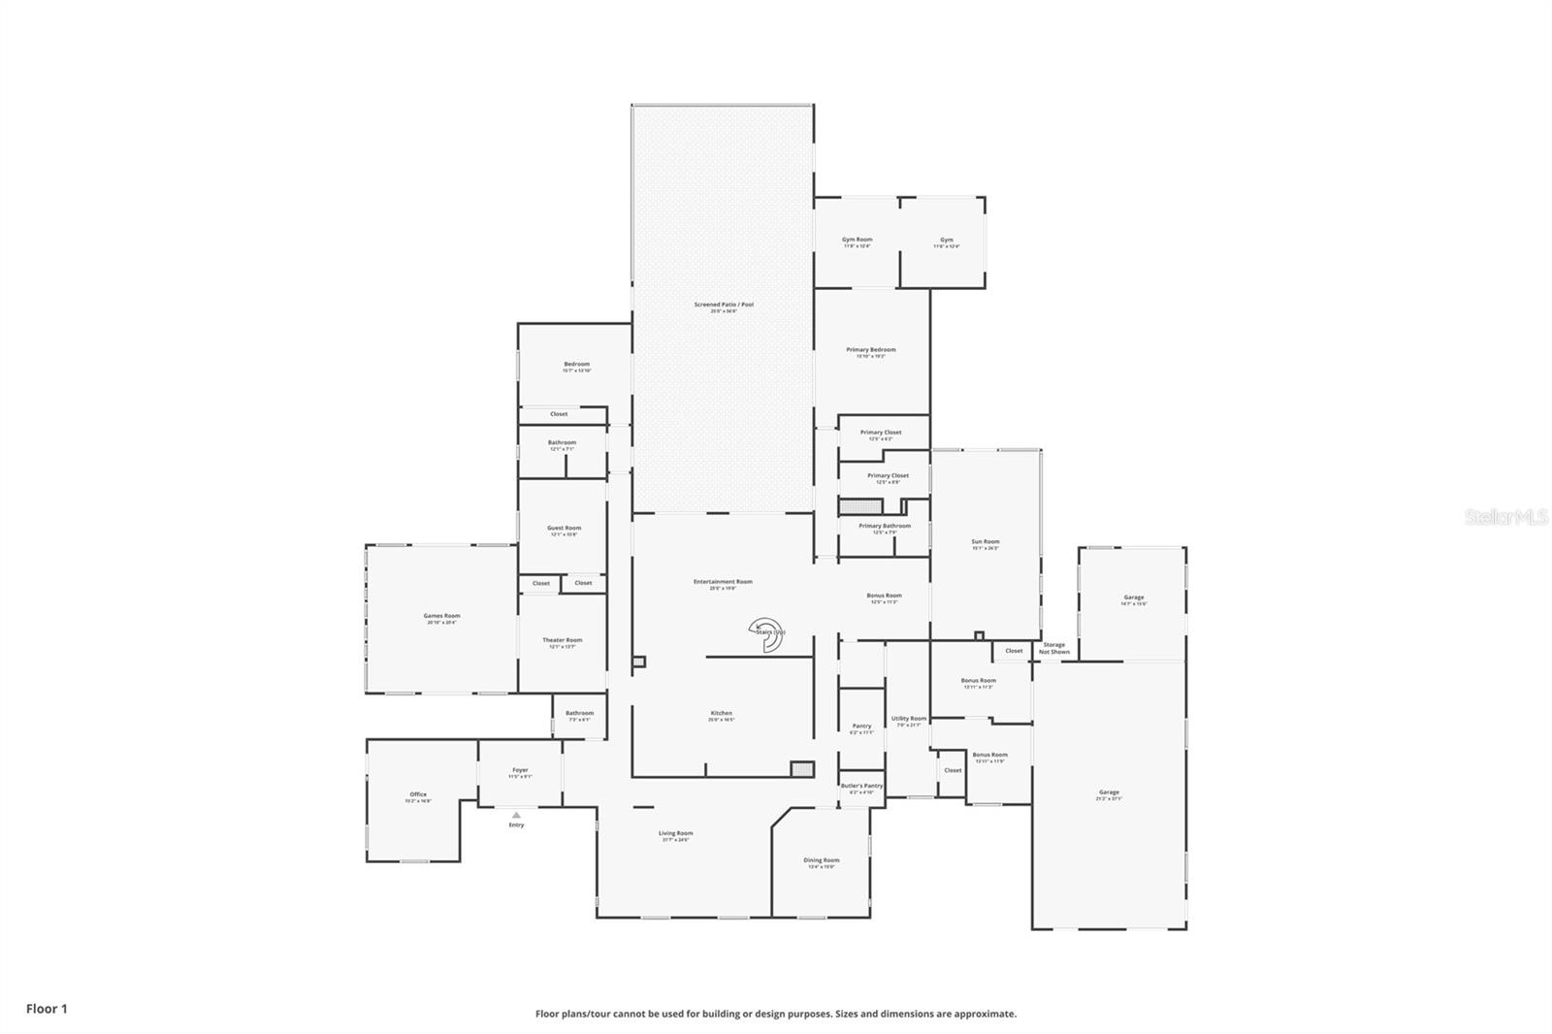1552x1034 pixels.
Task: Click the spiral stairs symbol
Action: (x=766, y=633)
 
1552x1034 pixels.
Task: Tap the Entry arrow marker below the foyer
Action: (x=516, y=816)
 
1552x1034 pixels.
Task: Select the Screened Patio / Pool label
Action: (x=724, y=306)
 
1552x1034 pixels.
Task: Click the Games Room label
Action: (x=441, y=617)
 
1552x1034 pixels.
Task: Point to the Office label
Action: (x=418, y=795)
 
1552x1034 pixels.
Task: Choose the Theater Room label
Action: (x=562, y=641)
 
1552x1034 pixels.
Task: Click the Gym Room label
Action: (x=857, y=241)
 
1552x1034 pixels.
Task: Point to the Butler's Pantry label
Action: (x=861, y=787)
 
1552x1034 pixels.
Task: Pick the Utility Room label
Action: (x=909, y=720)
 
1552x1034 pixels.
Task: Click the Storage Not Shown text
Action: (x=1053, y=648)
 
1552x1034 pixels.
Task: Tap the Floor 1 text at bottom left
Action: (x=47, y=1009)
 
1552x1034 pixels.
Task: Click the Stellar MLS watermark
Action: (x=1505, y=518)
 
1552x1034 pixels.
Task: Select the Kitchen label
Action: (x=721, y=714)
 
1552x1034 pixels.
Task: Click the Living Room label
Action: (x=675, y=834)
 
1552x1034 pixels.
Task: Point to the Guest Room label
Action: (x=564, y=530)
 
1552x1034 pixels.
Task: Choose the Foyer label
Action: (x=520, y=771)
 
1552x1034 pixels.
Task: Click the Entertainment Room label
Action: (x=723, y=583)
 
